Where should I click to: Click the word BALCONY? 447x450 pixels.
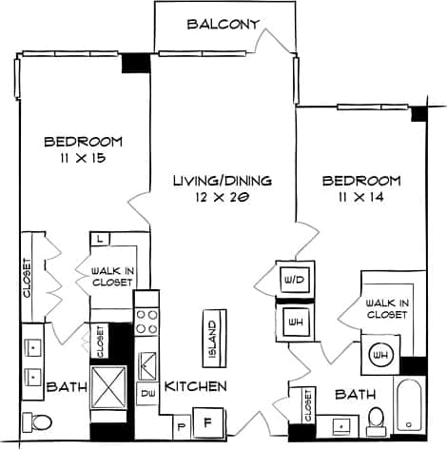pos(223,25)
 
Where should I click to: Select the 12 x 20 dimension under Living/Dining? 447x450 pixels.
pos(222,197)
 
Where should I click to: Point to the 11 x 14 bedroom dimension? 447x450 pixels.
pos(360,198)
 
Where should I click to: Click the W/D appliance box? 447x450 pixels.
pos(290,280)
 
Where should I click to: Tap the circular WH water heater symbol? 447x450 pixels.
pos(381,355)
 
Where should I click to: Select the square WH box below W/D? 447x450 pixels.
pos(290,320)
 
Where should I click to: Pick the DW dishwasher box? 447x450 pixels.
pos(147,391)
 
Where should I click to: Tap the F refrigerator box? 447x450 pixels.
pos(208,418)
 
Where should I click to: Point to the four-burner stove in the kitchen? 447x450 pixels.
pos(146,320)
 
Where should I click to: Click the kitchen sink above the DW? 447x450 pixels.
pos(147,362)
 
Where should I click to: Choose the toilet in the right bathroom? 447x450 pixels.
pos(376,417)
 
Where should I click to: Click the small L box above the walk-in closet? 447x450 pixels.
pos(100,239)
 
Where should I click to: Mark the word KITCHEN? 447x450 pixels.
pos(196,386)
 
